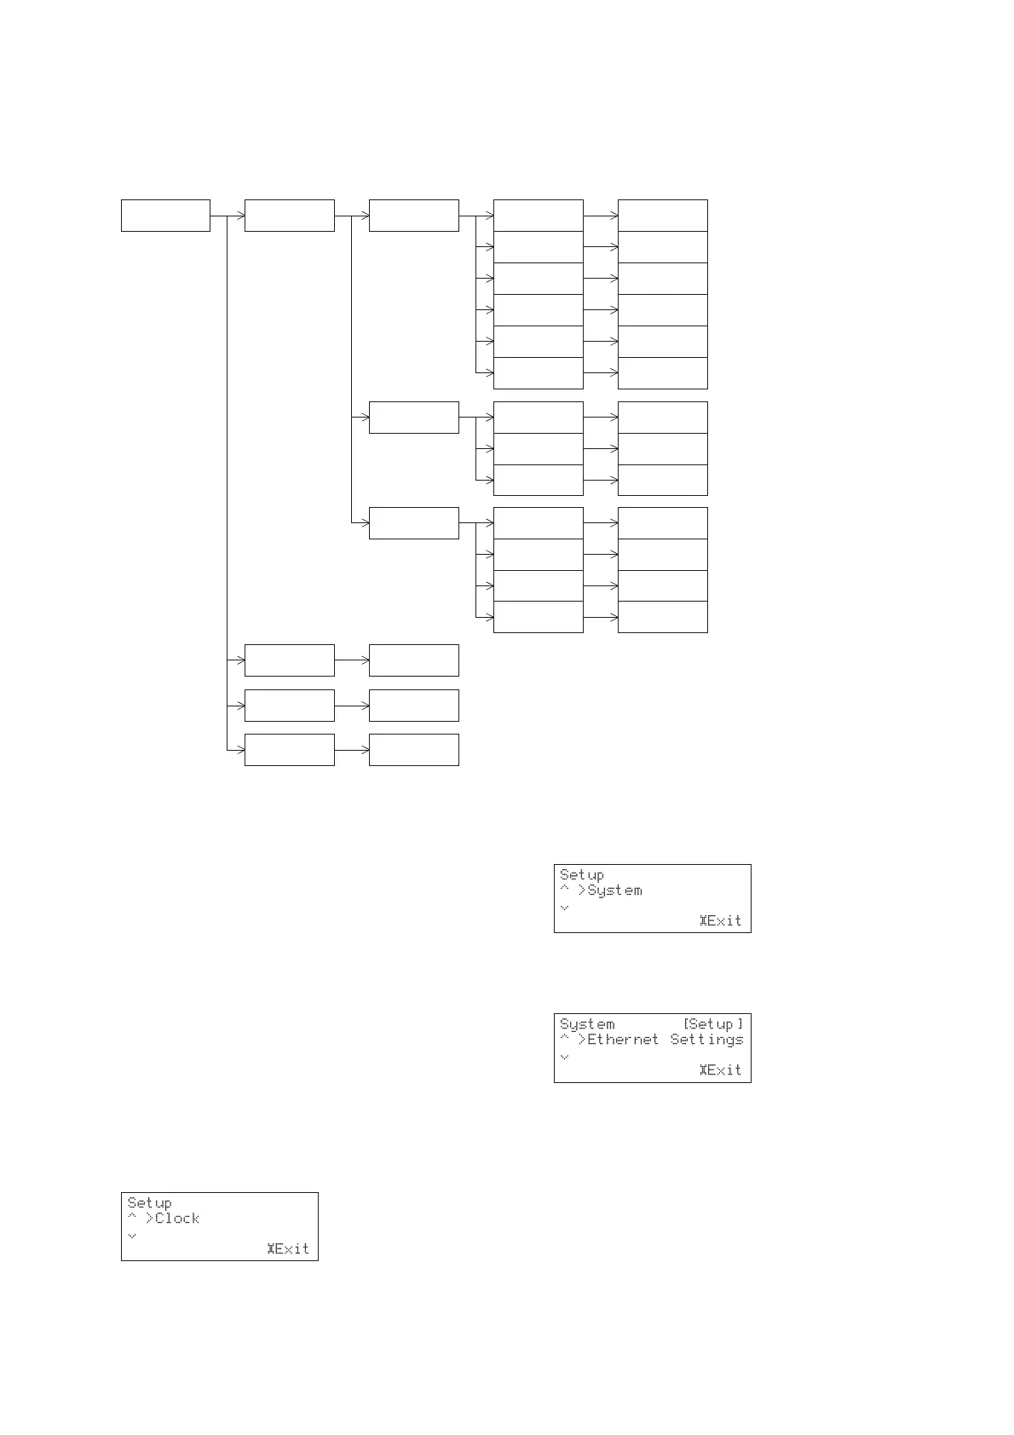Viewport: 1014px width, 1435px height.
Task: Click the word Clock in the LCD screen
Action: click(177, 1219)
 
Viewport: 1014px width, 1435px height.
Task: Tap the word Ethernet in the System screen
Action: click(623, 1040)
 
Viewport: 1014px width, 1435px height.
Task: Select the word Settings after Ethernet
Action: click(706, 1040)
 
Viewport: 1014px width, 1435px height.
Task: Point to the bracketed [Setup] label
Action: click(713, 1024)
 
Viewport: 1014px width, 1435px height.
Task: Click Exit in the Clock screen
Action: click(291, 1248)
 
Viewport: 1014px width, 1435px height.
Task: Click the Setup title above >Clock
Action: click(149, 1202)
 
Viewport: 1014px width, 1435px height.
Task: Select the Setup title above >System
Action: click(582, 874)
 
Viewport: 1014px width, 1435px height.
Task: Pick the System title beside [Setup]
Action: click(587, 1024)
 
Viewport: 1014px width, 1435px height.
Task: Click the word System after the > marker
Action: click(615, 890)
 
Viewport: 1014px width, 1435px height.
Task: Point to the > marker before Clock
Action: click(149, 1219)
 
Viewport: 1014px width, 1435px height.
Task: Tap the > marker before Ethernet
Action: click(582, 1040)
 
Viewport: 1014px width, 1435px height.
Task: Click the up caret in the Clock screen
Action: click(132, 1217)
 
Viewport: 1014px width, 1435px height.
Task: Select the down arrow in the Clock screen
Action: click(132, 1235)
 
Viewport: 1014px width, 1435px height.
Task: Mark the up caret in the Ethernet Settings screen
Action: click(564, 1038)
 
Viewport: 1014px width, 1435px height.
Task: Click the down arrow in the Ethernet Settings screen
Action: click(564, 1057)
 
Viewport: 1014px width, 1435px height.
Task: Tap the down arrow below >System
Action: click(564, 908)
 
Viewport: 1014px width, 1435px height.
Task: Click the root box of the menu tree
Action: click(165, 216)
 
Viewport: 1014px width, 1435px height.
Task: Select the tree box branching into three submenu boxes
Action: click(289, 216)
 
